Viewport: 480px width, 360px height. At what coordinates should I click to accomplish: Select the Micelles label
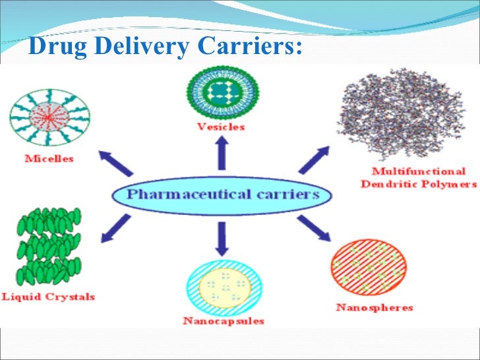[x=49, y=158]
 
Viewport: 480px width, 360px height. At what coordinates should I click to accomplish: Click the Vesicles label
[x=221, y=127]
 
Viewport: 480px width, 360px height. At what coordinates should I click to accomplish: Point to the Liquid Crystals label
[x=48, y=297]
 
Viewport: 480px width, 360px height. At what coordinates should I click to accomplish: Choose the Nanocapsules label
[x=224, y=321]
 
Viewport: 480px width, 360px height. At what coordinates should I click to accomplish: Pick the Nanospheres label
[x=375, y=307]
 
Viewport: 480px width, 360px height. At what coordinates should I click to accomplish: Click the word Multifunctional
[x=418, y=171]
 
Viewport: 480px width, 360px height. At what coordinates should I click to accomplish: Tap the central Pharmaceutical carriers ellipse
[x=223, y=195]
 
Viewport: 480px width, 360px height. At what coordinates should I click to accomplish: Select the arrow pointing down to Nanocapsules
[x=222, y=238]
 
